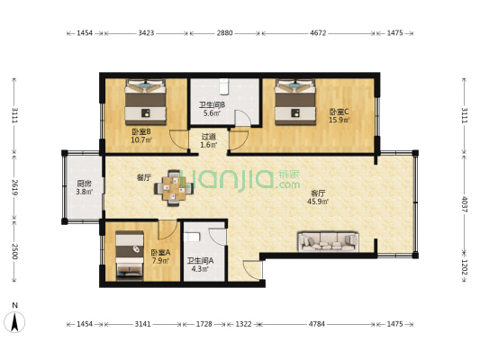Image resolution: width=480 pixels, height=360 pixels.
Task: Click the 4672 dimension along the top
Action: pyautogui.click(x=318, y=32)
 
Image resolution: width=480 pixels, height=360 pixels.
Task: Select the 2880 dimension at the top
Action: pyautogui.click(x=225, y=32)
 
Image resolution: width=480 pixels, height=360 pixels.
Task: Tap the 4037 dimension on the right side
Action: pyautogui.click(x=465, y=204)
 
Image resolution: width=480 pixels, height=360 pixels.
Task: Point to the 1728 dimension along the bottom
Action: pyautogui.click(x=204, y=324)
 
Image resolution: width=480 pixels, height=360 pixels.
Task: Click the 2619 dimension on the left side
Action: pyautogui.click(x=14, y=187)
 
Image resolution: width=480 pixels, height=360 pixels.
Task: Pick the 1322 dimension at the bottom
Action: pyautogui.click(x=243, y=324)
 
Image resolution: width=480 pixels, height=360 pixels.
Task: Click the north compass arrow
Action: pyautogui.click(x=14, y=322)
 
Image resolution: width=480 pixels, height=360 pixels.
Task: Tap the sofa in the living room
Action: pyautogui.click(x=328, y=241)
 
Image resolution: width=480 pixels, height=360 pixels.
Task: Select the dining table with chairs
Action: pyautogui.click(x=174, y=188)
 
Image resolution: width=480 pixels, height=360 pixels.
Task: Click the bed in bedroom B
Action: pyautogui.click(x=145, y=102)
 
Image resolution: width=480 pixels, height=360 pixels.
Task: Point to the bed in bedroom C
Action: pyautogui.click(x=295, y=102)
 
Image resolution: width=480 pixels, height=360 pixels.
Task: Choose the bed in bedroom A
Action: pyautogui.click(x=130, y=256)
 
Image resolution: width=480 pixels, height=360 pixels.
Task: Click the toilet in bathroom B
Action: pyautogui.click(x=224, y=86)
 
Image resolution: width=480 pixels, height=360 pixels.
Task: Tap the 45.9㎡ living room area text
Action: pyautogui.click(x=318, y=202)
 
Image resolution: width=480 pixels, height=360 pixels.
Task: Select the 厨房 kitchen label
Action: pyautogui.click(x=84, y=184)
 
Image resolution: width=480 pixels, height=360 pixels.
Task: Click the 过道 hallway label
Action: pyautogui.click(x=208, y=137)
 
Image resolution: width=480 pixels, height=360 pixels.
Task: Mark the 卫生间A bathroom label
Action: pyautogui.click(x=200, y=261)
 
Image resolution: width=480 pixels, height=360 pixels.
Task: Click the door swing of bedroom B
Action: pyautogui.click(x=179, y=140)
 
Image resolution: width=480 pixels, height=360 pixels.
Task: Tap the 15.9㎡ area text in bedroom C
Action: pyautogui.click(x=340, y=120)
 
